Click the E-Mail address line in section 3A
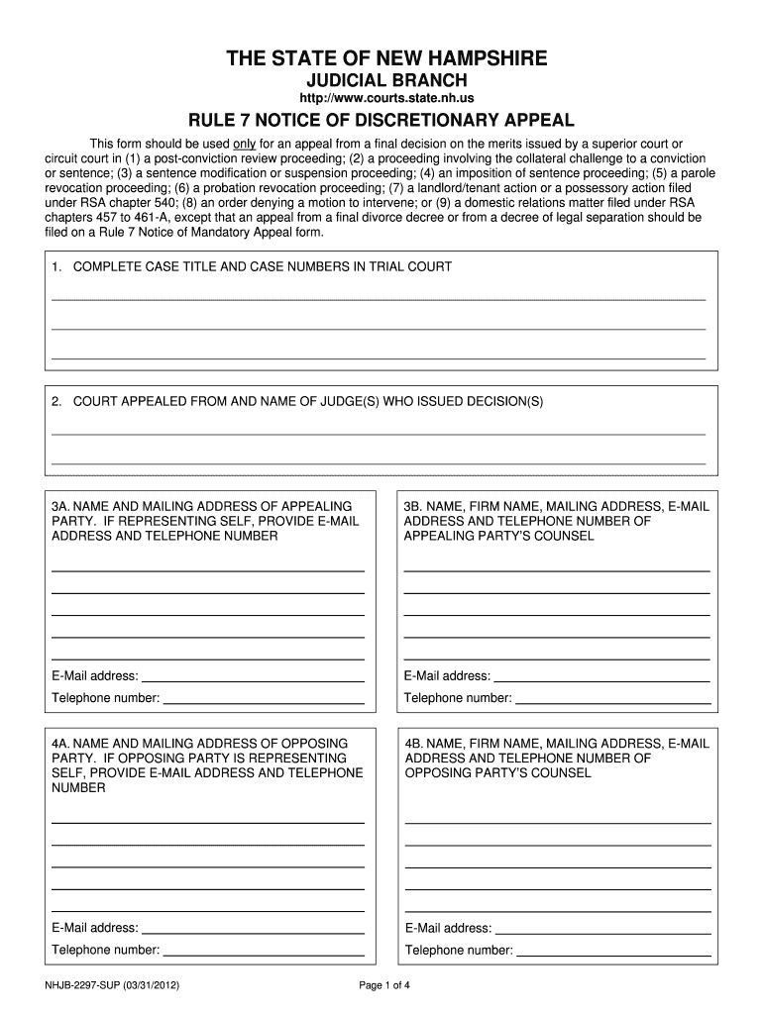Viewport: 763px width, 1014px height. pyautogui.click(x=254, y=678)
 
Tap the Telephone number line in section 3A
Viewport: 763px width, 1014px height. pyautogui.click(x=264, y=700)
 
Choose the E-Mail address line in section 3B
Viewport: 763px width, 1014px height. pyautogui.click(x=601, y=678)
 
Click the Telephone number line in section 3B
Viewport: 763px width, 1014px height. pyautogui.click(x=614, y=700)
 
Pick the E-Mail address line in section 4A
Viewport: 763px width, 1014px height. pyautogui.click(x=254, y=930)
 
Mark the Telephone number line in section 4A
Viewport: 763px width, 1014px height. pyautogui.click(x=264, y=952)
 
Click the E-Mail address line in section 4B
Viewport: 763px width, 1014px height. pyautogui.click(x=602, y=930)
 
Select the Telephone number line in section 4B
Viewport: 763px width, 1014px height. pyautogui.click(x=615, y=952)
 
